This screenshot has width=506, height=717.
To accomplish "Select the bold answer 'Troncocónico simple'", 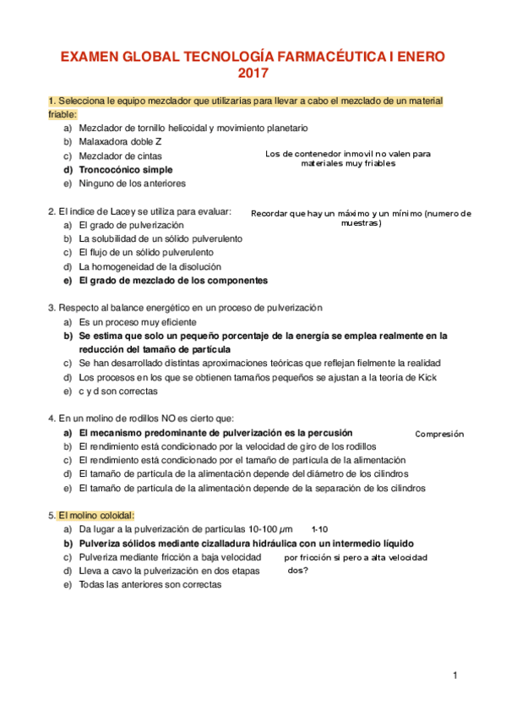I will pyautogui.click(x=125, y=169).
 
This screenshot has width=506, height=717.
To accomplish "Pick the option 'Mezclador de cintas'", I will pyautogui.click(x=120, y=156).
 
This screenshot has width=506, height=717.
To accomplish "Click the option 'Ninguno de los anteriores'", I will pyautogui.click(x=132, y=183).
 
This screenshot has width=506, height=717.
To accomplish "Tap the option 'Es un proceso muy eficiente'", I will pyautogui.click(x=137, y=322).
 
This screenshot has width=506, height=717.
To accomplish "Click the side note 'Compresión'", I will pyautogui.click(x=439, y=434).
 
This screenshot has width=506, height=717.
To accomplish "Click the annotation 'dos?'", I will pyautogui.click(x=298, y=571).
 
